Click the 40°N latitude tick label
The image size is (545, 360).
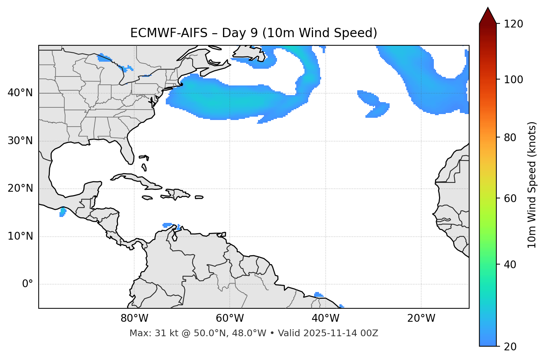pos(20,93)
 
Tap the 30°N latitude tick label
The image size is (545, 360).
pos(20,141)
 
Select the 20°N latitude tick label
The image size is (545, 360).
pos(20,188)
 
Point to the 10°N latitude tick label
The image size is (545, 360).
pos(20,236)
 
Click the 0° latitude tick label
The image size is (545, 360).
pos(28,284)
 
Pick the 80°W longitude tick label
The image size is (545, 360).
pos(134,318)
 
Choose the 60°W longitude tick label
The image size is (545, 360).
pos(230,318)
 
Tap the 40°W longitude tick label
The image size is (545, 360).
pos(325,318)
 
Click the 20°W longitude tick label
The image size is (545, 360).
pos(421,318)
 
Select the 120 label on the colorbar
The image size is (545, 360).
pos(513,24)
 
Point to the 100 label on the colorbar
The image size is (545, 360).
pos(513,80)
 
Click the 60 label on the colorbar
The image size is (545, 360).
pos(510,198)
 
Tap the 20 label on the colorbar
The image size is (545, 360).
pos(510,347)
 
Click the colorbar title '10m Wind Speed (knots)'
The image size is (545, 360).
pos(532,185)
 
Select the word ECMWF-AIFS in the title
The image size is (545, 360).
pos(169,33)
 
